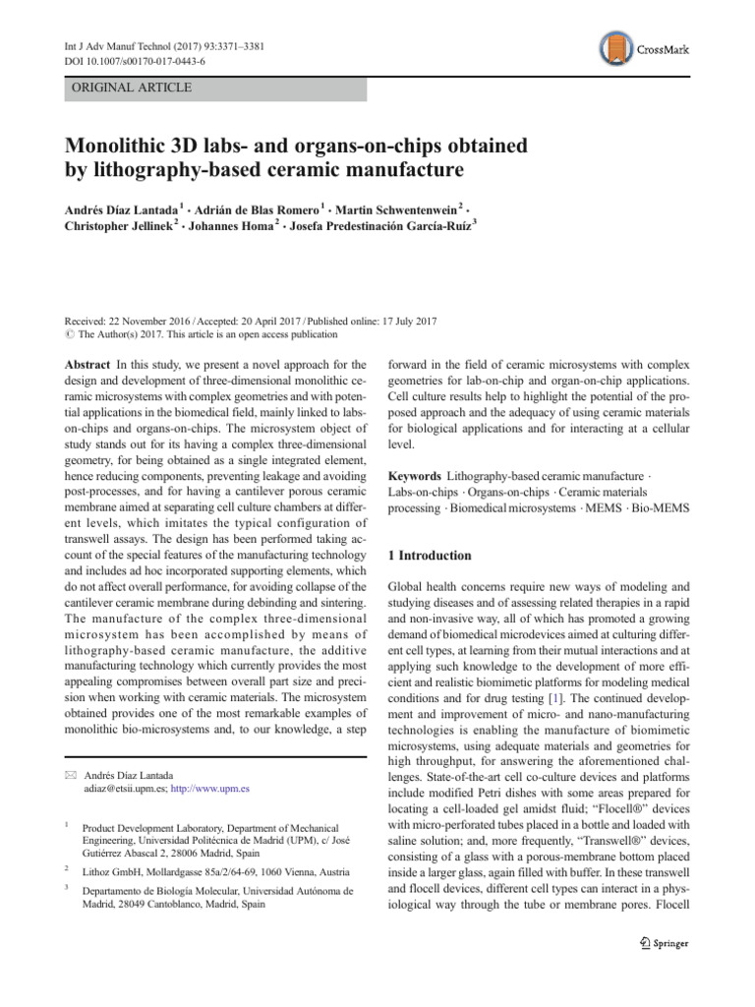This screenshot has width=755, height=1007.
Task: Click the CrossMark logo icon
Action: [x=616, y=50]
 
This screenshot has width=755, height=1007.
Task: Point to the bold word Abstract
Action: [x=87, y=363]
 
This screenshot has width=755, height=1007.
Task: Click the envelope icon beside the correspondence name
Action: [x=69, y=777]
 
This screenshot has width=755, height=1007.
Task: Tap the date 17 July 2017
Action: [x=394, y=322]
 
